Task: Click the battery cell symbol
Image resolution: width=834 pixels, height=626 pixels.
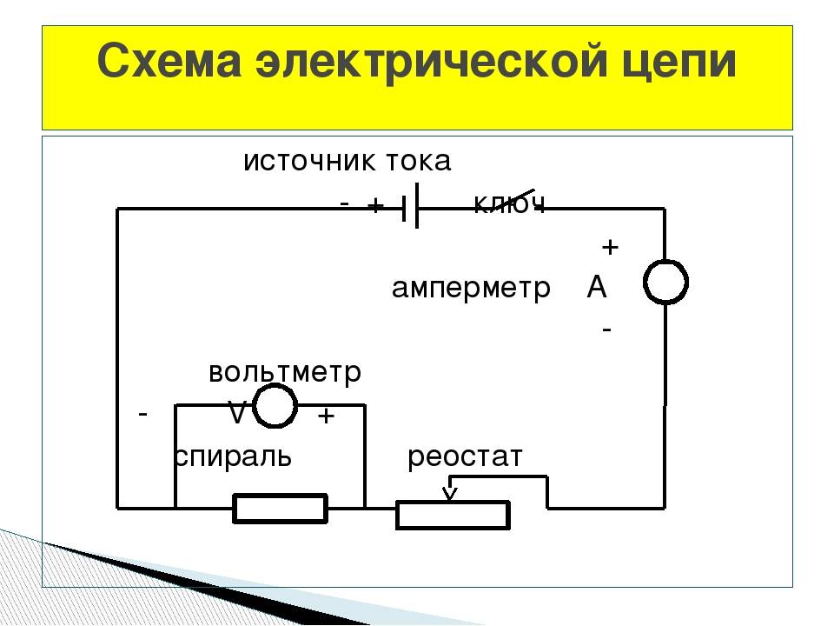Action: pyautogui.click(x=410, y=207)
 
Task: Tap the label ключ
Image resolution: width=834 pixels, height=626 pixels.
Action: pyautogui.click(x=509, y=205)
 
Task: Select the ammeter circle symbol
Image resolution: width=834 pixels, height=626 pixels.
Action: pyautogui.click(x=665, y=282)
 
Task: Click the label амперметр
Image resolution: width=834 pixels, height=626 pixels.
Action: pyautogui.click(x=471, y=288)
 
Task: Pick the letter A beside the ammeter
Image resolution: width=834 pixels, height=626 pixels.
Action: pyautogui.click(x=597, y=287)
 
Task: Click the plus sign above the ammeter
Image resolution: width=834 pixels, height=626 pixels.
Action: pyautogui.click(x=610, y=248)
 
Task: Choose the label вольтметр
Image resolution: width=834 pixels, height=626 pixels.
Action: pyautogui.click(x=285, y=373)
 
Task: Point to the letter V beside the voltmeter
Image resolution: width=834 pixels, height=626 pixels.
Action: pyautogui.click(x=236, y=412)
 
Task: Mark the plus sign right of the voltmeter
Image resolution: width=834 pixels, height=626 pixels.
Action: pyautogui.click(x=326, y=416)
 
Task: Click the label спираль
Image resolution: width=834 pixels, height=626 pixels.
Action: pyautogui.click(x=233, y=456)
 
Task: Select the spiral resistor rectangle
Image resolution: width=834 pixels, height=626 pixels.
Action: pyautogui.click(x=280, y=509)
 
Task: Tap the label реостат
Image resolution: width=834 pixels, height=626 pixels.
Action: pyautogui.click(x=466, y=456)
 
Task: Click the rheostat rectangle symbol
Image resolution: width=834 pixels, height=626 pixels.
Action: pyautogui.click(x=453, y=515)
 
